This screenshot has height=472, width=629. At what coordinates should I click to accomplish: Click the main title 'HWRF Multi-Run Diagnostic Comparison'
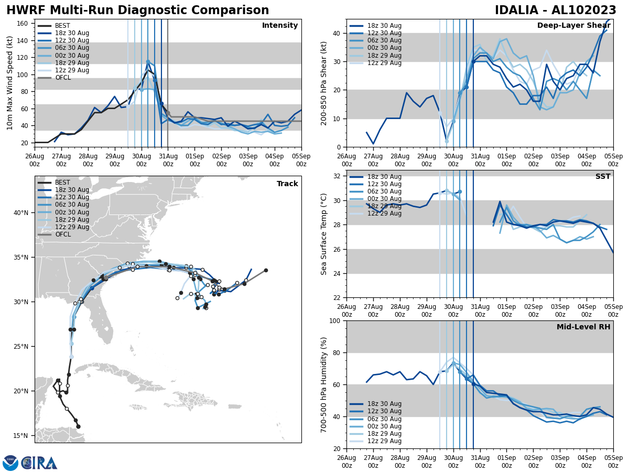[x=137, y=10]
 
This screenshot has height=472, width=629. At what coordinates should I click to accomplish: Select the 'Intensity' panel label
[x=279, y=26]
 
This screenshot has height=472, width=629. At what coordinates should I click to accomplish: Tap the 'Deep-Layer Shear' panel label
[x=573, y=26]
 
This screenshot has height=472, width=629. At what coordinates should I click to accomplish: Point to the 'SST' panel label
[x=602, y=177]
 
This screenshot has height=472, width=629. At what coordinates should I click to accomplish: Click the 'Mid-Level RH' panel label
[x=583, y=327]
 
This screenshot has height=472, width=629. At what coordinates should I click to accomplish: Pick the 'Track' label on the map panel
[x=287, y=184]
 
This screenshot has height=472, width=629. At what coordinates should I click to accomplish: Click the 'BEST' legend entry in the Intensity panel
[x=62, y=26]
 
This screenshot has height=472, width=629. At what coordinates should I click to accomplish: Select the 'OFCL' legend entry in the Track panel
[x=63, y=234]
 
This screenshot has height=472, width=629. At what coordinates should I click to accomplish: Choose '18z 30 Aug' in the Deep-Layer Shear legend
[x=385, y=26]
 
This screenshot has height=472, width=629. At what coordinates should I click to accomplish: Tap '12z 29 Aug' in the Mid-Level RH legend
[x=385, y=441]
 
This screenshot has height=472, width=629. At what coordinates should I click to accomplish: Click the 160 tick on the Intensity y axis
[x=23, y=24]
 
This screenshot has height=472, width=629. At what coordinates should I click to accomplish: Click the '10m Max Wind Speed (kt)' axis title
[x=10, y=83]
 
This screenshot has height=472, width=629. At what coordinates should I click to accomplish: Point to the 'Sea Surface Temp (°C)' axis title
[x=324, y=234]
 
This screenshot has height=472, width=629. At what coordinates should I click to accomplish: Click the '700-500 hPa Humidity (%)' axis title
[x=324, y=384]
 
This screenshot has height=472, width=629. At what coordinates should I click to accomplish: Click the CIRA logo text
[x=39, y=463]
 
